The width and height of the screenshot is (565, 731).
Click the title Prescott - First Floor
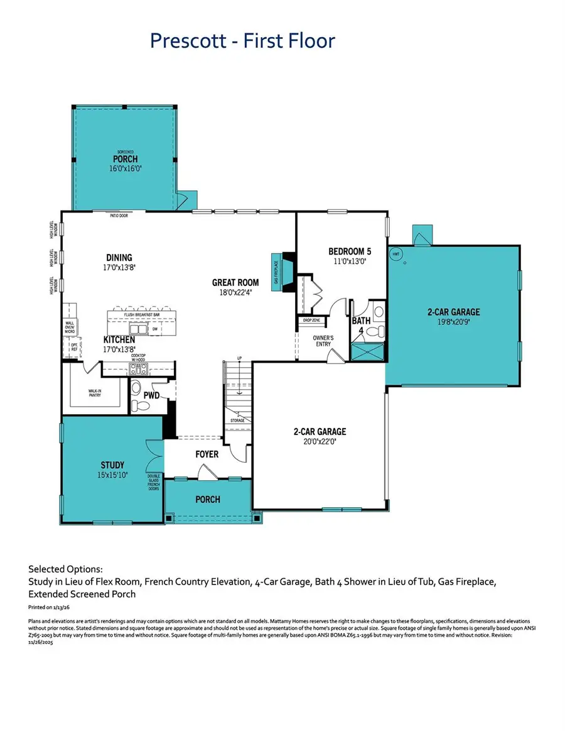click(x=242, y=41)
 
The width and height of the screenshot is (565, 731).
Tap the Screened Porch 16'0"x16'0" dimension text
click(x=125, y=168)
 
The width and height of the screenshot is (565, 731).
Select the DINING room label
click(x=119, y=257)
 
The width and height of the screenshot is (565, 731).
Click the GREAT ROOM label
click(x=235, y=283)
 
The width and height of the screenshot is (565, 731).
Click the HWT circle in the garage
click(x=396, y=255)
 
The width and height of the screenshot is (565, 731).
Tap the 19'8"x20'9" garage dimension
click(x=453, y=322)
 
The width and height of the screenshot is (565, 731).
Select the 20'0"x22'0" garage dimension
click(x=320, y=441)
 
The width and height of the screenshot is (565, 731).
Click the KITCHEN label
click(x=119, y=339)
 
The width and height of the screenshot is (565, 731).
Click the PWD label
click(x=152, y=396)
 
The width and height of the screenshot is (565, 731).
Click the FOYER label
click(x=207, y=453)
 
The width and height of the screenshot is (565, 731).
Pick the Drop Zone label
click(x=312, y=321)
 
